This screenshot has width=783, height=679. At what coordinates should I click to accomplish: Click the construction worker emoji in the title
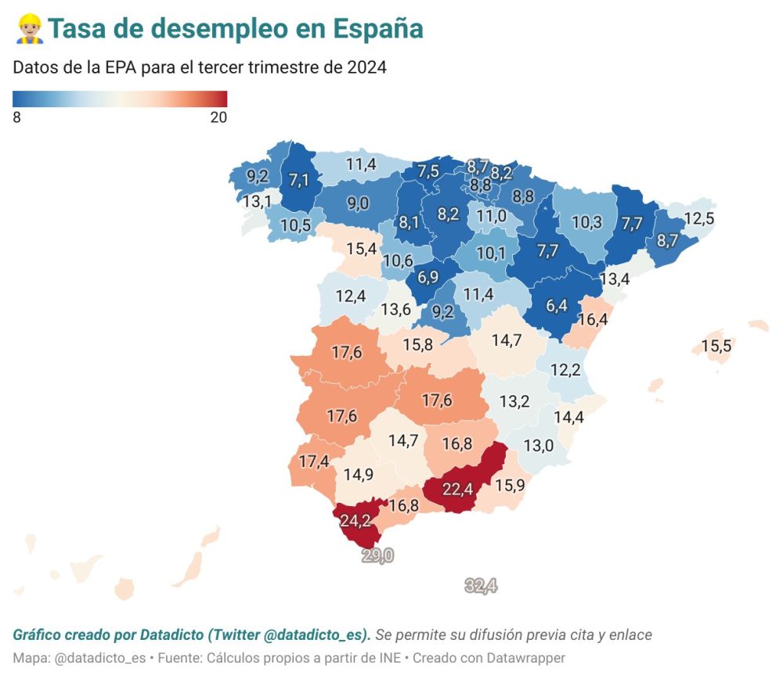[29, 28]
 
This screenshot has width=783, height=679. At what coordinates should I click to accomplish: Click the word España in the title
[377, 28]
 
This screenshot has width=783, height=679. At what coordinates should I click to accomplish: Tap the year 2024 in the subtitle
[366, 67]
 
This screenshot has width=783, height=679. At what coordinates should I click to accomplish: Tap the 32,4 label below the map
[481, 585]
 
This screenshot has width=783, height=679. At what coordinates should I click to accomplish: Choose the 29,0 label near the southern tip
[377, 555]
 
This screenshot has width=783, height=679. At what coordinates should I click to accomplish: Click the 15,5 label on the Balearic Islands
[716, 345]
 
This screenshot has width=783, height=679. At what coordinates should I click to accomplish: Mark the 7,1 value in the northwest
[299, 181]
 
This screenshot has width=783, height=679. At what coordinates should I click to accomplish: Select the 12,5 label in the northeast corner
[698, 218]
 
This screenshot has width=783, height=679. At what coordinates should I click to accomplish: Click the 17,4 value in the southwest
[313, 462]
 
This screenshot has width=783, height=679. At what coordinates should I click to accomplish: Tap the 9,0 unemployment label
[358, 203]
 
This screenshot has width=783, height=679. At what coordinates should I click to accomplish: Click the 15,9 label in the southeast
[509, 485]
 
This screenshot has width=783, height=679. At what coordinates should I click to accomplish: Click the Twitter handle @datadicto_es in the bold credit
[323, 634]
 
